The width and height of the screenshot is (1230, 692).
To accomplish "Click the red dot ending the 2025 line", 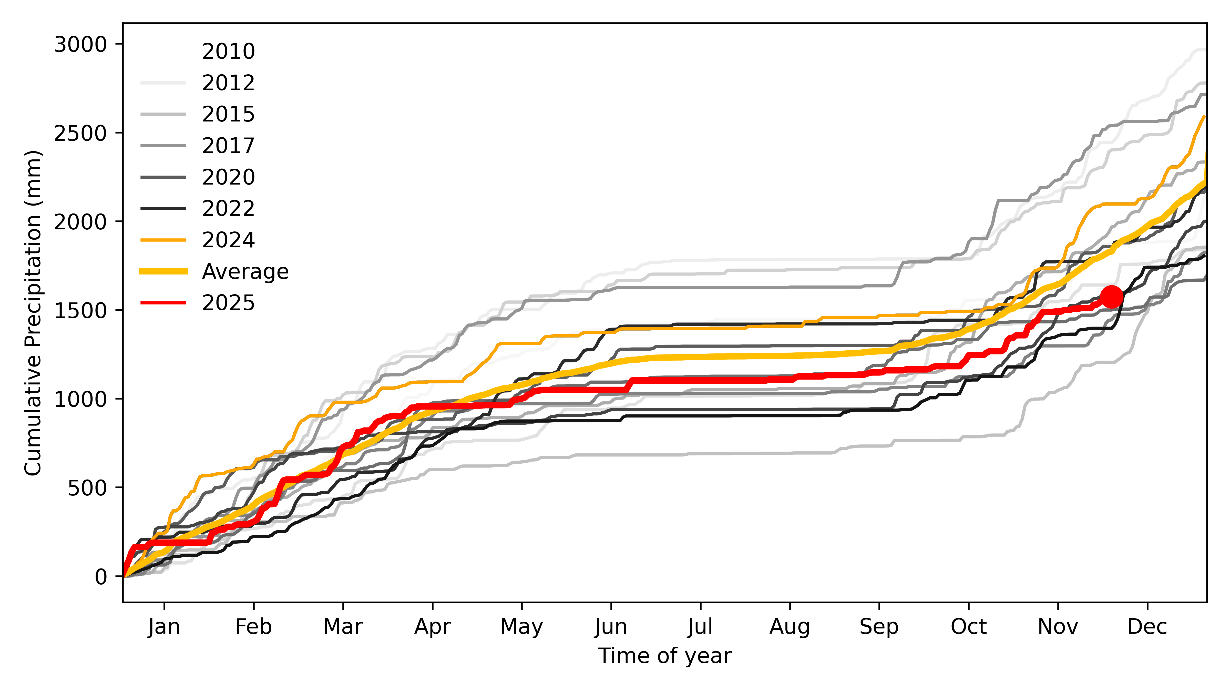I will pyautogui.click(x=1111, y=297).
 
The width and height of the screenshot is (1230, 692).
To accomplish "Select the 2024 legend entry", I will pyautogui.click(x=228, y=240).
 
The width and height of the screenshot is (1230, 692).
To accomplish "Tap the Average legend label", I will pyautogui.click(x=245, y=271).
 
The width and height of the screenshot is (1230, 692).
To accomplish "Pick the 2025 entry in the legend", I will pyautogui.click(x=228, y=303).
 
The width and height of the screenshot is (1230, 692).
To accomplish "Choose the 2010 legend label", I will pyautogui.click(x=228, y=51).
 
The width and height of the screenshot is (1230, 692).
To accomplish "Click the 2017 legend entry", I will pyautogui.click(x=228, y=145).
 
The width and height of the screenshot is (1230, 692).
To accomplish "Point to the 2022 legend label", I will pyautogui.click(x=228, y=208).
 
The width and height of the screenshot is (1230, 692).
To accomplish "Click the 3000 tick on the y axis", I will pyautogui.click(x=80, y=44).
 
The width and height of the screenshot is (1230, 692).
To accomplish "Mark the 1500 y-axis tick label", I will pyautogui.click(x=80, y=310).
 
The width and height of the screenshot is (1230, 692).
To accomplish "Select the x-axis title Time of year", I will pyautogui.click(x=665, y=656).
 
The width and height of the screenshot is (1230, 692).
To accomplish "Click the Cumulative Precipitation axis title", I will pyautogui.click(x=33, y=313).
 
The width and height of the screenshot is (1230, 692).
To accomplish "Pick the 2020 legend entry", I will pyautogui.click(x=228, y=177).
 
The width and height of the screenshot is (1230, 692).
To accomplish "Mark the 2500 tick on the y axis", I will pyautogui.click(x=80, y=133).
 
